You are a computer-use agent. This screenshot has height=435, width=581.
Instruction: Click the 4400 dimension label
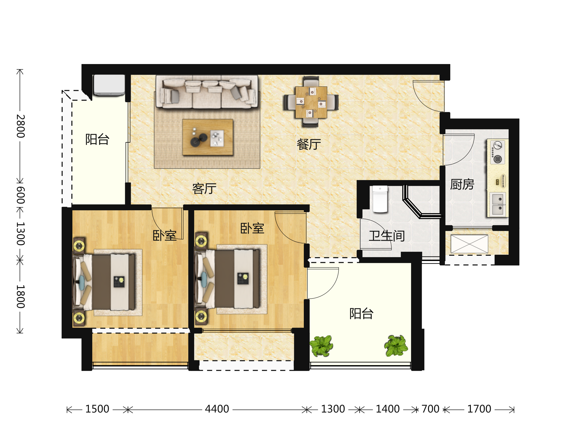[x=217, y=409]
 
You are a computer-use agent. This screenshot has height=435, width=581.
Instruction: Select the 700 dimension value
[x=430, y=409]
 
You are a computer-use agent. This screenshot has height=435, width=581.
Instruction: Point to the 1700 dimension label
[x=479, y=409]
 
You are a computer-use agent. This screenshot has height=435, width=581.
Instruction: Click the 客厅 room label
[x=204, y=188]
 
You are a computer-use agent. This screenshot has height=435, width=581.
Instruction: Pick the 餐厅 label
[x=309, y=144]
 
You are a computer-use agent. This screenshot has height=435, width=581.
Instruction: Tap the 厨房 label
[x=462, y=184]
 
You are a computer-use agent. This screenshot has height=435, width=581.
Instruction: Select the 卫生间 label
[x=387, y=236]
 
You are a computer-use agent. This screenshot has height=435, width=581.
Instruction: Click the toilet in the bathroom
[x=380, y=199]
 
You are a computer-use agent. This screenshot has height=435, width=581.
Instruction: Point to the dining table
[x=311, y=102]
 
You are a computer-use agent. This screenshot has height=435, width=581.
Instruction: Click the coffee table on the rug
[x=208, y=137]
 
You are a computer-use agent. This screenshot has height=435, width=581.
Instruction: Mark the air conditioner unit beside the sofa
[x=109, y=85]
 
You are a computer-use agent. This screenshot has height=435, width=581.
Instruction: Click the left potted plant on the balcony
[x=321, y=346]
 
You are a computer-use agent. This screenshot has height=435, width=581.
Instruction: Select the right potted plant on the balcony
[x=396, y=346]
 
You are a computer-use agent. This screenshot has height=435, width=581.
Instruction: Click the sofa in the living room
[x=207, y=92]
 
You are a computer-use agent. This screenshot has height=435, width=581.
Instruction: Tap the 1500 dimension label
[x=97, y=409]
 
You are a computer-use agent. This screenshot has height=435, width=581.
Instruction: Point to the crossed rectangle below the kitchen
[x=469, y=244]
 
